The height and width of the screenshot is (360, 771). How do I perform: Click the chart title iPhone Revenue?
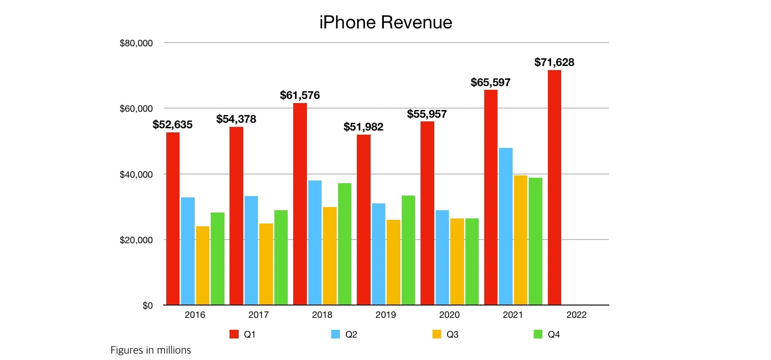click(386, 22)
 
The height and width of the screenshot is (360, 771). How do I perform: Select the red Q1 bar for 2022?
click(554, 187)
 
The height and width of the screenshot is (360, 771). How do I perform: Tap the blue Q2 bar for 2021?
click(506, 226)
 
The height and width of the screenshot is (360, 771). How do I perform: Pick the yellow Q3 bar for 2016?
click(202, 266)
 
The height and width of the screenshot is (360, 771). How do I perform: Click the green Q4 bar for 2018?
click(344, 244)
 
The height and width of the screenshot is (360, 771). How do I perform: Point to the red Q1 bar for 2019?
click(364, 220)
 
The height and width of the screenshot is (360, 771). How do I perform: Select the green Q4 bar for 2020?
click(472, 262)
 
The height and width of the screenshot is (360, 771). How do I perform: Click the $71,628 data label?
click(554, 62)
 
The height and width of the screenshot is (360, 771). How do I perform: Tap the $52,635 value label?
click(173, 125)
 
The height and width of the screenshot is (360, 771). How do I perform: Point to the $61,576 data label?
click(300, 95)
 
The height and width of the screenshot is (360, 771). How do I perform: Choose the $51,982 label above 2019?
click(364, 127)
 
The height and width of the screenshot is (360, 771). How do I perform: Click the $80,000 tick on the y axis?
click(136, 44)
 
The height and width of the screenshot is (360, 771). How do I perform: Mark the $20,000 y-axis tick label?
click(136, 240)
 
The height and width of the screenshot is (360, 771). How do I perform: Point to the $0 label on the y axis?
click(148, 305)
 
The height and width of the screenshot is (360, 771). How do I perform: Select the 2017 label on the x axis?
click(258, 315)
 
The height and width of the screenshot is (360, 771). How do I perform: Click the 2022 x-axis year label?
click(576, 315)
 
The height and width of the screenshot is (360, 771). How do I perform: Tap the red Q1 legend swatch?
click(234, 334)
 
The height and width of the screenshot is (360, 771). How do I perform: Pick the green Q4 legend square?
click(538, 334)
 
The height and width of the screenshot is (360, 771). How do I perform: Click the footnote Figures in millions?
click(151, 350)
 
